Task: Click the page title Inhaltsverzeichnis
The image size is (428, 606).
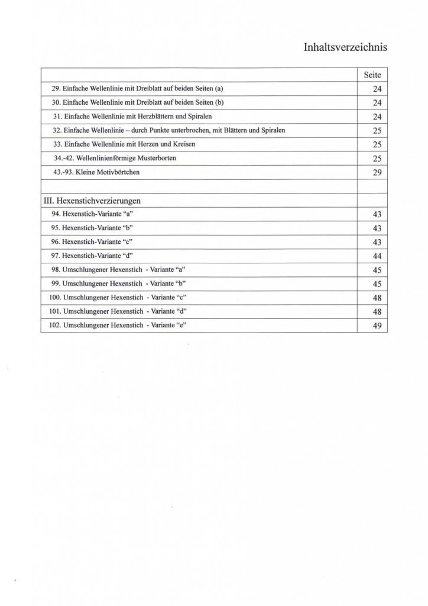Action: (x=345, y=47)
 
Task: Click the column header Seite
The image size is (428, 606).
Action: (x=372, y=75)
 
